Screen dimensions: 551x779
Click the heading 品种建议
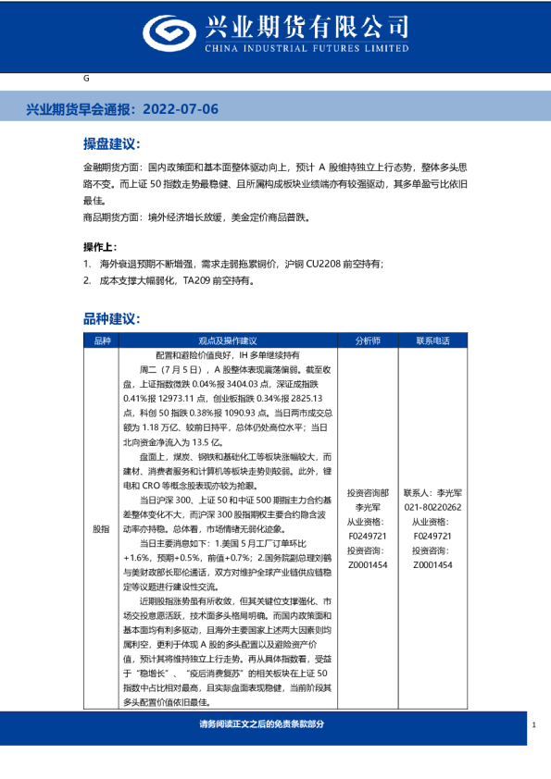[110, 318]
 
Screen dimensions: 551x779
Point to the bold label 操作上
[100, 247]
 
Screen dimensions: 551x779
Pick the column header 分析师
[367, 340]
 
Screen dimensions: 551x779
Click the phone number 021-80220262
[432, 508]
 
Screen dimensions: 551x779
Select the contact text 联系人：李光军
[432, 494]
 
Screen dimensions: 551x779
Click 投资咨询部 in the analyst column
[367, 494]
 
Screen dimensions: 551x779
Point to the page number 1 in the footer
[534, 724]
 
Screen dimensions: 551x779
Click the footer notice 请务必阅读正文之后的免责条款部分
[263, 723]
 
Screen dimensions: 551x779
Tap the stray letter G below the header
[85, 80]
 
